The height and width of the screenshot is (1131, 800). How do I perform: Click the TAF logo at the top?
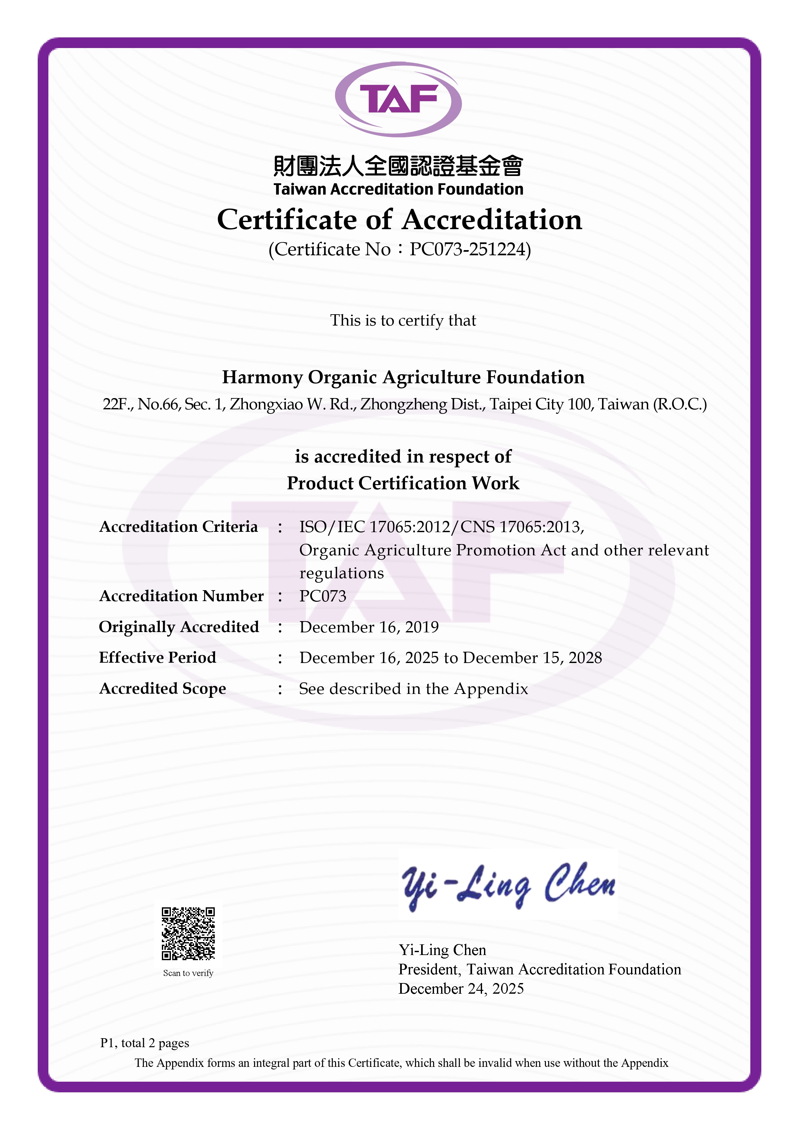398,99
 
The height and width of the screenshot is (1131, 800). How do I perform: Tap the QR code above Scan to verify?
188,933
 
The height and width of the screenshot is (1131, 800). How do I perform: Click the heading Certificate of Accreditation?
399,220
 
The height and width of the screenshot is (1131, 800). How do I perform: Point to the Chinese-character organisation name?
398,166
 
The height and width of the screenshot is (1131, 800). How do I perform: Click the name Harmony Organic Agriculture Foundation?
403,377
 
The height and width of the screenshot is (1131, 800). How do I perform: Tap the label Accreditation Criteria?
178,527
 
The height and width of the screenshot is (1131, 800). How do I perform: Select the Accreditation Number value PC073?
323,596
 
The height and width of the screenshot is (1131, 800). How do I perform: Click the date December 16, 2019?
369,627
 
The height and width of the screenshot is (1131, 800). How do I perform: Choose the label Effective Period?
158,658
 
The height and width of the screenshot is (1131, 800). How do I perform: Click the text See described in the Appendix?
413,689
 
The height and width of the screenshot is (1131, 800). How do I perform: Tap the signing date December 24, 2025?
461,989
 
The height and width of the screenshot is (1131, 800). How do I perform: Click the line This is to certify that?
403,321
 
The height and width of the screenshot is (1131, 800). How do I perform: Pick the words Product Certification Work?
403,483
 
